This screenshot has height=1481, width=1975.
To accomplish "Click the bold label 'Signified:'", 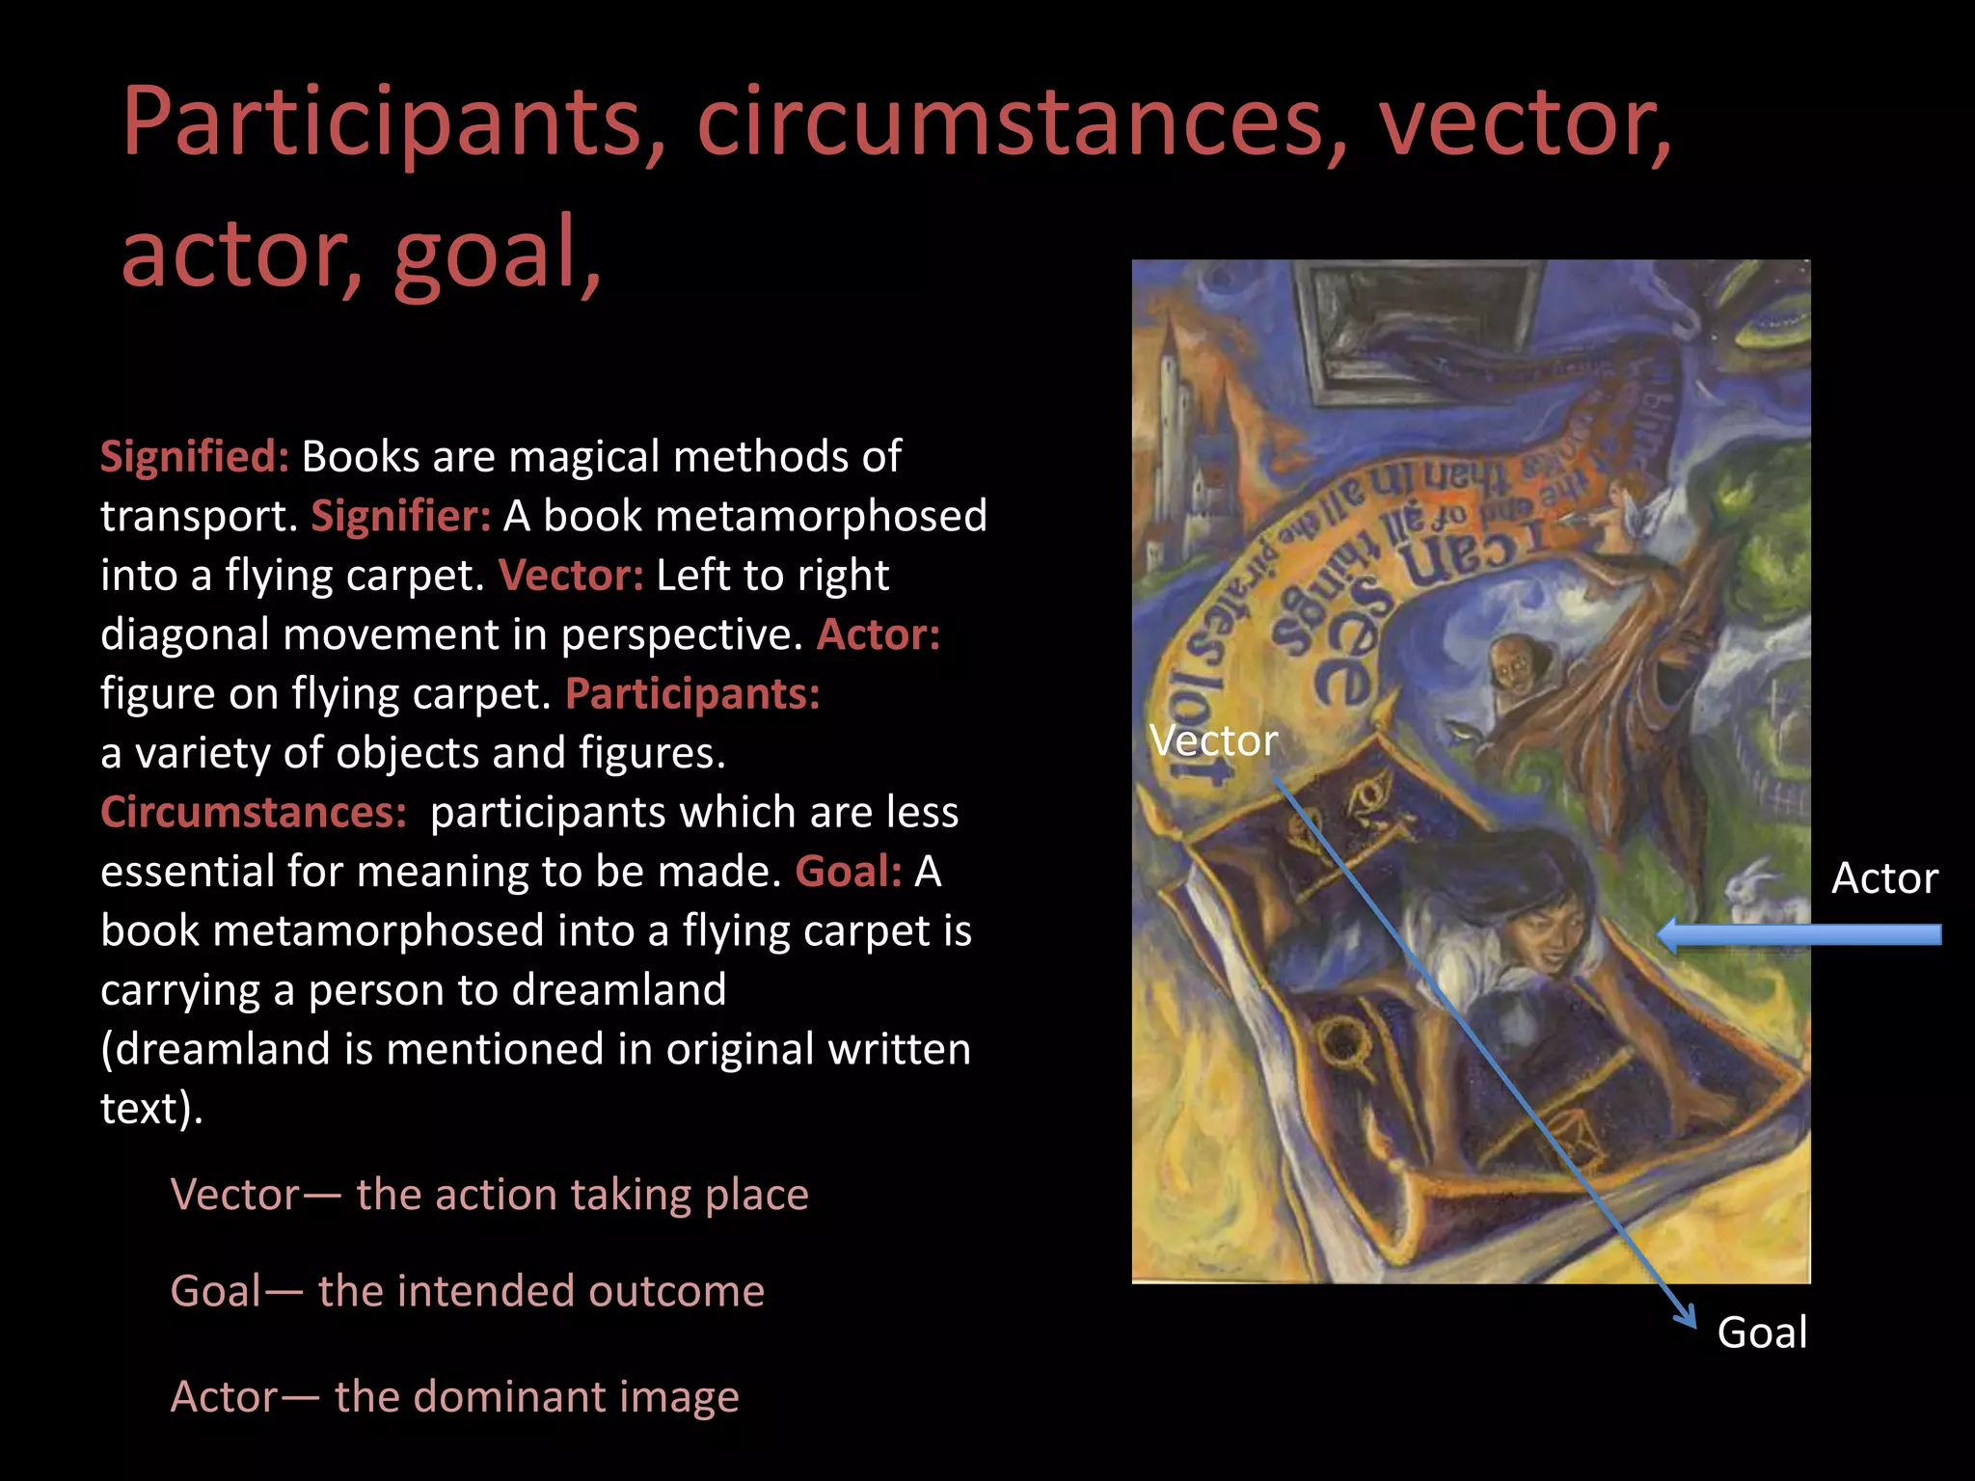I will (195, 456).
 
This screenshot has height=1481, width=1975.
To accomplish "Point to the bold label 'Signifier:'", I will (400, 516).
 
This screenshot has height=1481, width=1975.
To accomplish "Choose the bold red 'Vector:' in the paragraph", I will (571, 576).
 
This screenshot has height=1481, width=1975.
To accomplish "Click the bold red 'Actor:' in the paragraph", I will (879, 634).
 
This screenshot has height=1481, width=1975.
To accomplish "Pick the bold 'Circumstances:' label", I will (254, 812).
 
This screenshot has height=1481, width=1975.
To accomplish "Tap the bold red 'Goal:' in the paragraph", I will (849, 872).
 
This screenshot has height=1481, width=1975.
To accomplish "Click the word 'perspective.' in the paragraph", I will (682, 634).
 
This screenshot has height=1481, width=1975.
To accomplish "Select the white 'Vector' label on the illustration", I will (1213, 740).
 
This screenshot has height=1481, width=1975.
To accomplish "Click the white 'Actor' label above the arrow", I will (1884, 878).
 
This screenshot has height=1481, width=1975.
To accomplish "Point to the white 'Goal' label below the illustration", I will (1762, 1333).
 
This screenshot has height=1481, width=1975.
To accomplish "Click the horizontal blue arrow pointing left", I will (1799, 934).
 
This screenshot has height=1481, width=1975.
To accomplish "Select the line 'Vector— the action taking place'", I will (489, 1195).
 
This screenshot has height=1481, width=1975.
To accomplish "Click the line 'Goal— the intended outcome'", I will (467, 1291).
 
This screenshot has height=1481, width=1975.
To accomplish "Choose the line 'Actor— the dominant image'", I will (454, 1396).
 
